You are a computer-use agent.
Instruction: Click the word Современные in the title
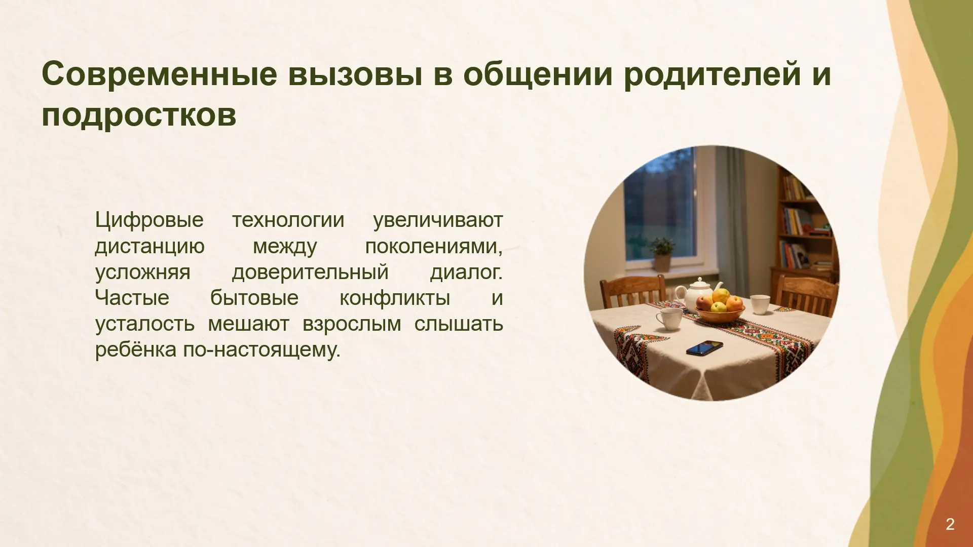coord(160,73)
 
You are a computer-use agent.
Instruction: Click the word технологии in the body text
coord(288,220)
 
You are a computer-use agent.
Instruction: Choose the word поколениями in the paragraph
coord(434,247)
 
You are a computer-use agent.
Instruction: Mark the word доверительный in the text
coord(310,273)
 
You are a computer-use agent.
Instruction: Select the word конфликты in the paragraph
coord(395,298)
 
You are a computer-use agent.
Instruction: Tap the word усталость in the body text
coord(145,325)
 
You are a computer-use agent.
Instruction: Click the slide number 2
coord(950,524)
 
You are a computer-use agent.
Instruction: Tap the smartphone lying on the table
coord(704,348)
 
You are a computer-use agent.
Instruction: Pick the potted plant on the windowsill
coord(662,255)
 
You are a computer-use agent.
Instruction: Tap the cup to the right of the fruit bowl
coord(760,304)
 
